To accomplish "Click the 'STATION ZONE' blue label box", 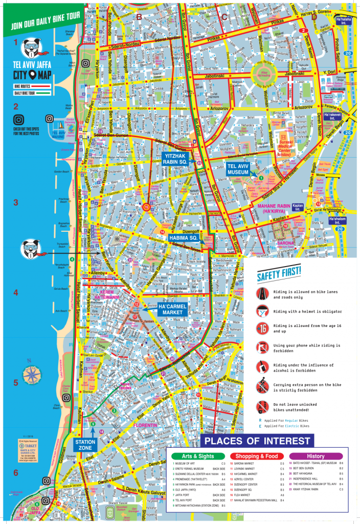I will [84, 444].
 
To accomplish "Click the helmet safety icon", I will [262, 311].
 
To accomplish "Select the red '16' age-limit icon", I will [262, 329].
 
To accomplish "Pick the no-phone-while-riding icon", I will [262, 348].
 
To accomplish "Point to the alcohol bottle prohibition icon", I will [262, 367].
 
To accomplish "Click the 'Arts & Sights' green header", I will [198, 456].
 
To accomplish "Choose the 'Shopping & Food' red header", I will [257, 456].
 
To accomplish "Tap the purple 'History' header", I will [316, 456].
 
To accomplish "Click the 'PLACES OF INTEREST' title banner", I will [257, 441].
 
